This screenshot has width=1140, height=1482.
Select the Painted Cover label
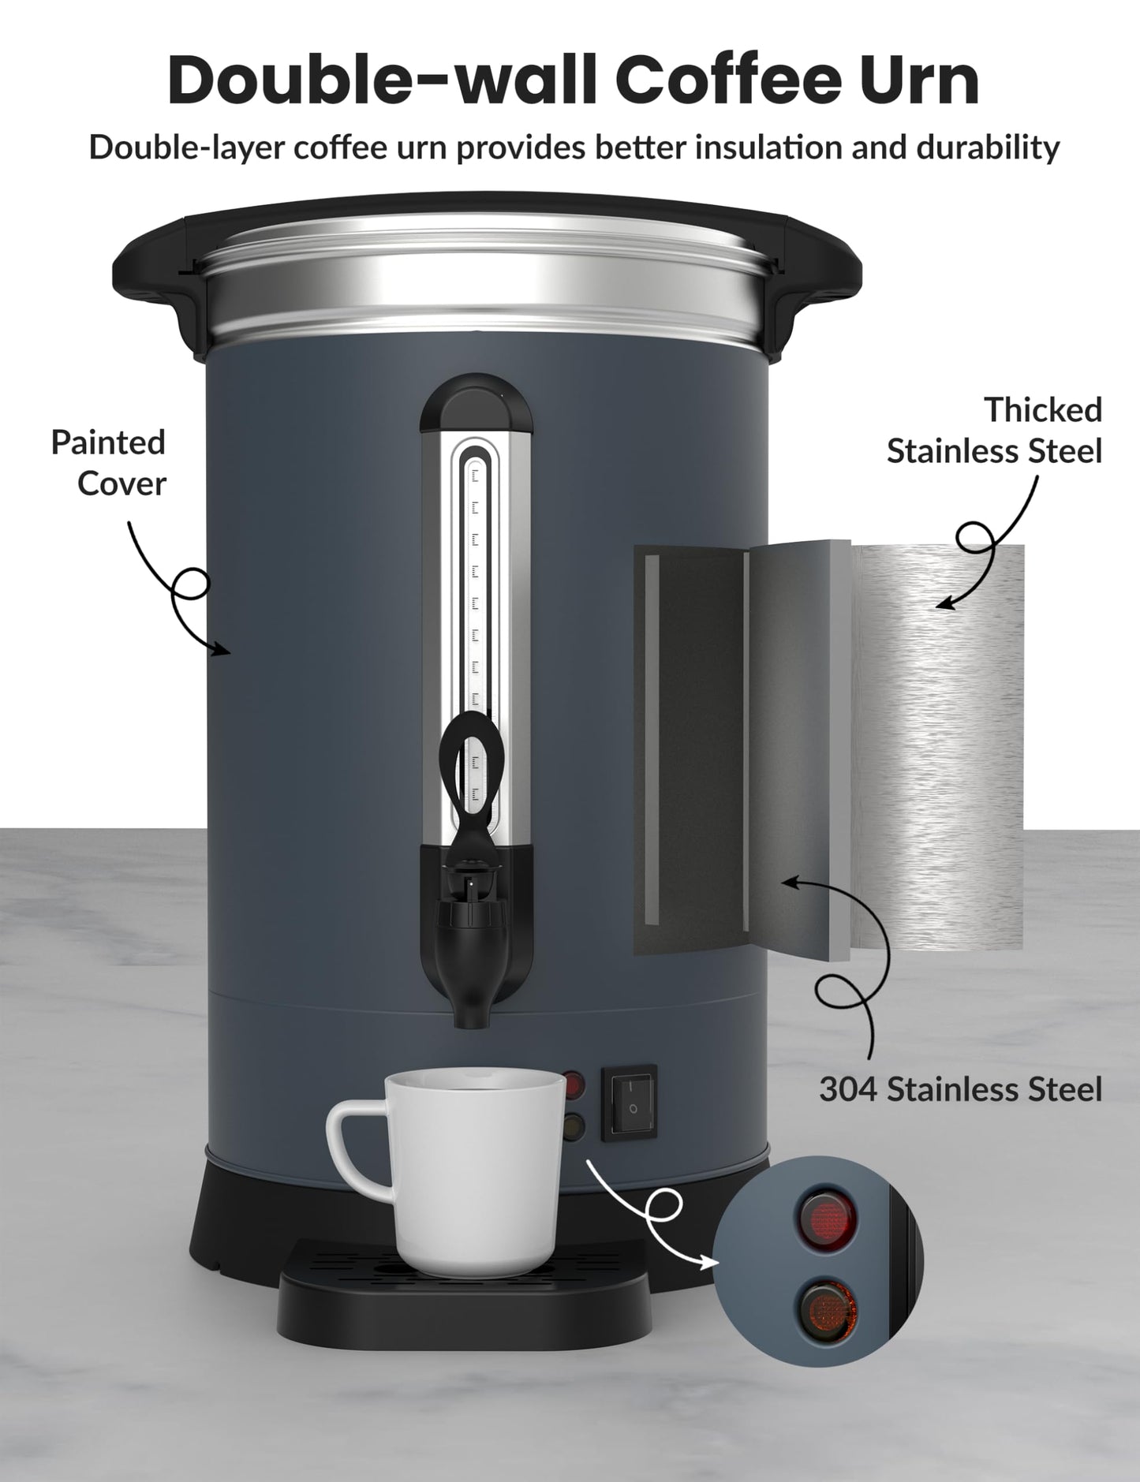point(109,463)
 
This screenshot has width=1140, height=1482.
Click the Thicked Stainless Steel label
point(995,431)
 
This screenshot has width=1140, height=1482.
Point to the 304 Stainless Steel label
point(960,1089)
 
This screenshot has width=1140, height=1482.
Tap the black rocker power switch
point(629,1102)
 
